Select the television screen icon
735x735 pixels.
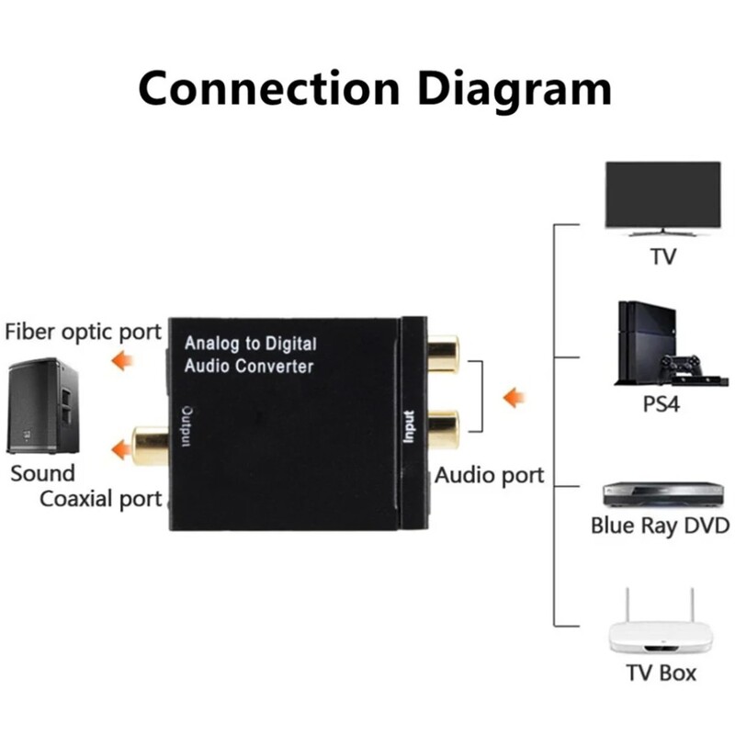point(661,196)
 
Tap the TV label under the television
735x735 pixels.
point(662,255)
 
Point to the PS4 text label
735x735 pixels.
point(661,404)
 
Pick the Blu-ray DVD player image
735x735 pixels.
point(660,493)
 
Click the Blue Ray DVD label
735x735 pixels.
point(660,526)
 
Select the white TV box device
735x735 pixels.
point(661,625)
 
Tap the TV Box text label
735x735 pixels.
point(661,673)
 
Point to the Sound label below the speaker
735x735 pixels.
point(42,474)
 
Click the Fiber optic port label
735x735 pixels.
point(83,331)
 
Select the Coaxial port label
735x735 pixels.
point(100,499)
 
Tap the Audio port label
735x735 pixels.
point(489,475)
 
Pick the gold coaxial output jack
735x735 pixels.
point(151,445)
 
